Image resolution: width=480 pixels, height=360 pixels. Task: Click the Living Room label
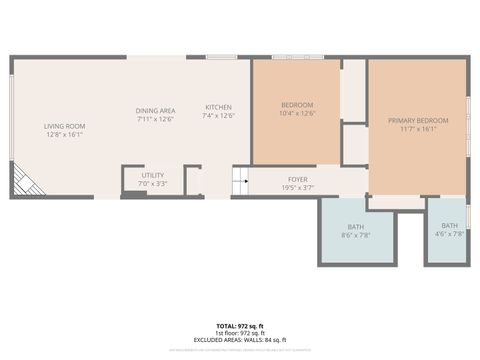[64, 126]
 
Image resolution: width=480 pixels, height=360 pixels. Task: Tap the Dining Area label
[156, 110]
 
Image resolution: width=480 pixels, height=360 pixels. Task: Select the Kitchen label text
[219, 107]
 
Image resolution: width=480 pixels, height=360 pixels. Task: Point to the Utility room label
[153, 175]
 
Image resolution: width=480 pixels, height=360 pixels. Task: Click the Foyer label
[298, 179]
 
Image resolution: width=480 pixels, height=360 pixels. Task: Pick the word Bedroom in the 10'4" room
[297, 105]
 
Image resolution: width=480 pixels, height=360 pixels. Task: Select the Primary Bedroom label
[418, 121]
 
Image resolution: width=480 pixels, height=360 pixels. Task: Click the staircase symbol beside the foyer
[240, 181]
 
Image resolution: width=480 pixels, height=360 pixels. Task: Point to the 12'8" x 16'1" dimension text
[64, 135]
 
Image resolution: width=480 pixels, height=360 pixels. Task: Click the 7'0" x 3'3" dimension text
[153, 184]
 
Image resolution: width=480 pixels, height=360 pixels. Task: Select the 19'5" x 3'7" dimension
[298, 188]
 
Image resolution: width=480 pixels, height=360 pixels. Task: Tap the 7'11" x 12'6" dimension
[156, 119]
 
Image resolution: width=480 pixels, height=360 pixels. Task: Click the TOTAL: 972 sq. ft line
[240, 326]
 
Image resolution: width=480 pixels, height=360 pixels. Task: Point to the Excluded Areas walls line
[240, 340]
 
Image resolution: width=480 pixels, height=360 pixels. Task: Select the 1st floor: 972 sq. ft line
[240, 333]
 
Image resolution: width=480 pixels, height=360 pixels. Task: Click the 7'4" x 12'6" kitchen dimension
[219, 116]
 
